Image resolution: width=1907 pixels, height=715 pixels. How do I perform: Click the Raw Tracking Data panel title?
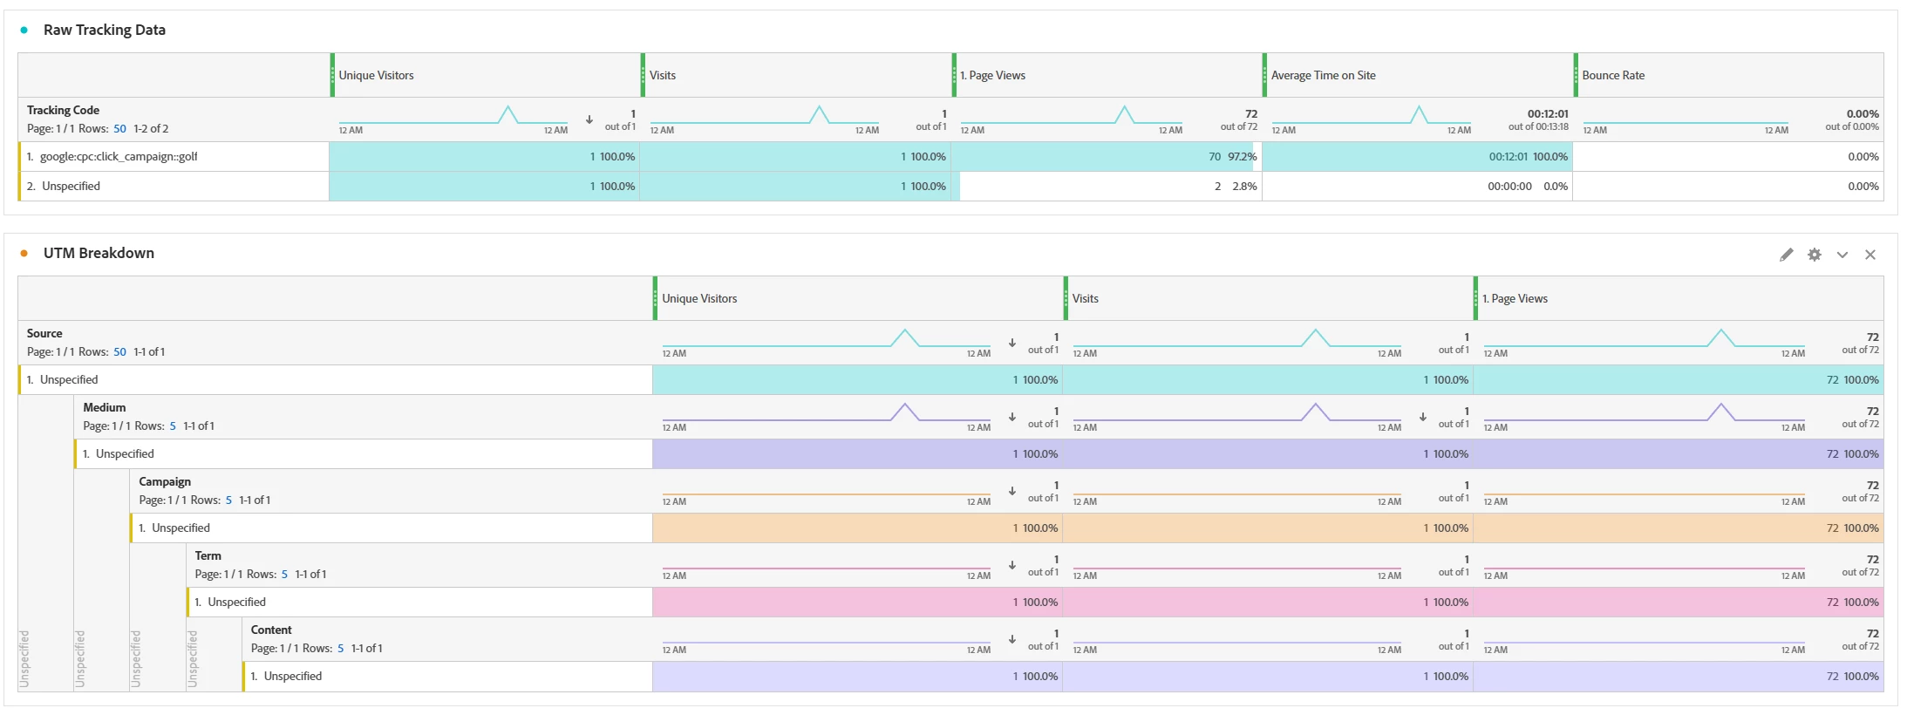104,30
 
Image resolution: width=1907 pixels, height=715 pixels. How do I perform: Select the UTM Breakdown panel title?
99,253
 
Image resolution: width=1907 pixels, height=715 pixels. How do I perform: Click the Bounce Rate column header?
1613,75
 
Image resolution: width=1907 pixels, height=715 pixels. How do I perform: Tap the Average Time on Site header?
1323,75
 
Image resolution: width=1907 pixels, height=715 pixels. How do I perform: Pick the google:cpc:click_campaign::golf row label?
119,157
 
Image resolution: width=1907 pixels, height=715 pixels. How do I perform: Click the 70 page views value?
1215,157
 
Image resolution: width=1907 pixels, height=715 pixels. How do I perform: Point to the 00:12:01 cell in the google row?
1508,157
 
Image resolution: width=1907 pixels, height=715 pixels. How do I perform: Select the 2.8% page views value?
1244,187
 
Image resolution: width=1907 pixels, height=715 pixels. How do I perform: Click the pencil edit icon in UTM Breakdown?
1787,255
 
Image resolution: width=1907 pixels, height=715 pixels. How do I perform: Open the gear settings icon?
1815,255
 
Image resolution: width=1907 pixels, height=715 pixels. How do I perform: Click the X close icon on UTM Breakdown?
1870,255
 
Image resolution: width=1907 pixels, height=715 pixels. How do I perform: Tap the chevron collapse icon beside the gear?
1842,255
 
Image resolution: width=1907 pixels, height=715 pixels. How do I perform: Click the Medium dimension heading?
105,407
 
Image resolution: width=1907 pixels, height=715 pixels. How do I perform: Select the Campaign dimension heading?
165,481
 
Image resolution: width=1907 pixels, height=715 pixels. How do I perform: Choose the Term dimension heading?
208,555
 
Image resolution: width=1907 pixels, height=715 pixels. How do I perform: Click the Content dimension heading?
271,630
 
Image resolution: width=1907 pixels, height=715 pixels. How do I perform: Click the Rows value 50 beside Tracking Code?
119,129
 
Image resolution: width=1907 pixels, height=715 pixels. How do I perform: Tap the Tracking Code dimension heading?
63,110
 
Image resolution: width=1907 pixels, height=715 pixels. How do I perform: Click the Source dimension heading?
44,333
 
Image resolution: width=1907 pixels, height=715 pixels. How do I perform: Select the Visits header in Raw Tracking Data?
663,75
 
